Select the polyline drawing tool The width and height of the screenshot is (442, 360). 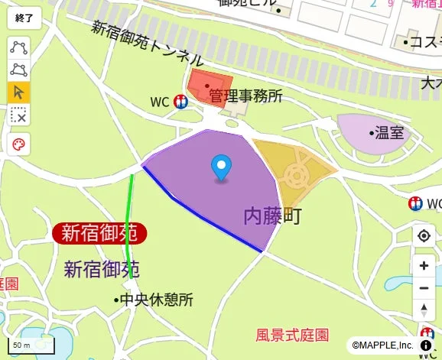18,47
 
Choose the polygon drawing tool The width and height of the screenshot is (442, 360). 18,70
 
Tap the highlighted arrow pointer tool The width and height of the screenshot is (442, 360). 18,92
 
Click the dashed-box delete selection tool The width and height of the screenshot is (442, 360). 18,115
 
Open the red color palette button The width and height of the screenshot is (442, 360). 18,144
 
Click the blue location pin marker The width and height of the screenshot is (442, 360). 221,167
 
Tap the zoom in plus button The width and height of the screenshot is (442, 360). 424,266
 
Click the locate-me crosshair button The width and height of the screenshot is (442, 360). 424,235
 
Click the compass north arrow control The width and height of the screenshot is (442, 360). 424,310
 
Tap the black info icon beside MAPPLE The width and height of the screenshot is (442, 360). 425,345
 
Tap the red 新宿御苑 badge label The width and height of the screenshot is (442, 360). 99,232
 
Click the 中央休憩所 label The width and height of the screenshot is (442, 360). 154,300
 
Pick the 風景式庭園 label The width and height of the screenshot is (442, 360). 292,335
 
